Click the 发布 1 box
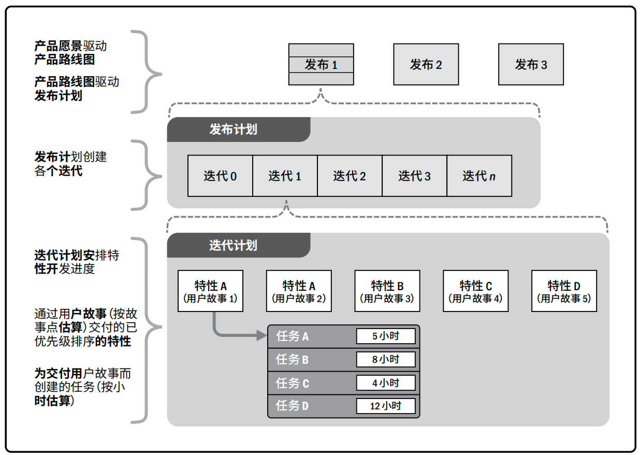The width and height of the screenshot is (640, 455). tap(321, 65)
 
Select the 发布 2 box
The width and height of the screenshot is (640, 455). tap(426, 65)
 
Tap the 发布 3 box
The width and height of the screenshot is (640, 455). tap(531, 65)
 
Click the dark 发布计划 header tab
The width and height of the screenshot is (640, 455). tap(238, 130)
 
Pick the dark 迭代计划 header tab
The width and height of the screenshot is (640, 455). tap(238, 245)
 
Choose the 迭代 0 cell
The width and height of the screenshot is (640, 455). tap(220, 176)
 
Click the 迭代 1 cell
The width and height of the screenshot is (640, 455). tap(285, 176)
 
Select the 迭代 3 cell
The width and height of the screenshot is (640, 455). tap(414, 176)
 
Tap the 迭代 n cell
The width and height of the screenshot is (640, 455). tap(479, 176)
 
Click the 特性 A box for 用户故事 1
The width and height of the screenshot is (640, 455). tap(210, 291)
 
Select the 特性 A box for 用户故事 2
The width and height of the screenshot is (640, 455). tap(299, 291)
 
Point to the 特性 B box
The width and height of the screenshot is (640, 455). tap(387, 291)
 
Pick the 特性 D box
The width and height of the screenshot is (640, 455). tap(564, 291)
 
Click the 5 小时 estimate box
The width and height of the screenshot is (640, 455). tap(386, 336)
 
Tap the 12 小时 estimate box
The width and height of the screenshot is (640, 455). tap(386, 406)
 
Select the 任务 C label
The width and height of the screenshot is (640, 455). tap(293, 383)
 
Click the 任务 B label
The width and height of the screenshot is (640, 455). tap(293, 360)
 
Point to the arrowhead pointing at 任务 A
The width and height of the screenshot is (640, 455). tap(262, 336)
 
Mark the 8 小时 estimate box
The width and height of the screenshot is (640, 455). tap(386, 360)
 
